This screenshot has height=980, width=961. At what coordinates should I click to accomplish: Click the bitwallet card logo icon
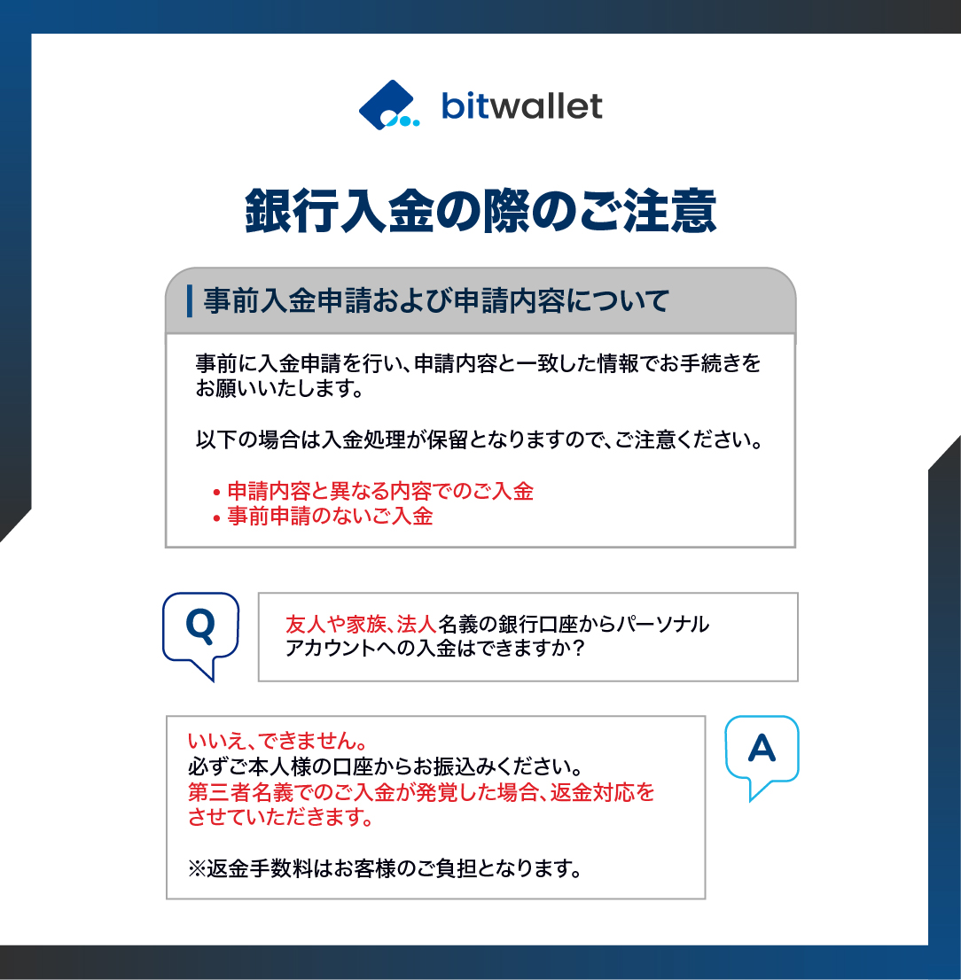coord(388,105)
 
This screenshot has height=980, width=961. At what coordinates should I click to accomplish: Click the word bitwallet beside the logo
coord(521,106)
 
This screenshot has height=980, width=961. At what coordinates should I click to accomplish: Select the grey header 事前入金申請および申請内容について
coord(435,301)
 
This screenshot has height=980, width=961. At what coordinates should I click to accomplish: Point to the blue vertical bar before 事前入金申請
coord(190,301)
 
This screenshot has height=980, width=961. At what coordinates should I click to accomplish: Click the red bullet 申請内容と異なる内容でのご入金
coord(380,491)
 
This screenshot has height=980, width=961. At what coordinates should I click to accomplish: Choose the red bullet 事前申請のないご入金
coord(330,516)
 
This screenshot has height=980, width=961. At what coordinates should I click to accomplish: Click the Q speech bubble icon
coord(200,630)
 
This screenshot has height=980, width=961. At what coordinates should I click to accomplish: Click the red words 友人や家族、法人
coord(360,624)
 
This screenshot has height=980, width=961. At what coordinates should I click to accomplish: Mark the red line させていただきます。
coord(280,817)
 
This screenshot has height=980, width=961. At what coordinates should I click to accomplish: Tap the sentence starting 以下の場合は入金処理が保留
coord(479,439)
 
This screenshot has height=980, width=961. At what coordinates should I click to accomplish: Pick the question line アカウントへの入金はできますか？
coord(434,649)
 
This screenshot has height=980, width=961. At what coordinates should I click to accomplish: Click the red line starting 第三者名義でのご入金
coord(421,791)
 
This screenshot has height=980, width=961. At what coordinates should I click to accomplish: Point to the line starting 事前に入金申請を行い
coord(478,363)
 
